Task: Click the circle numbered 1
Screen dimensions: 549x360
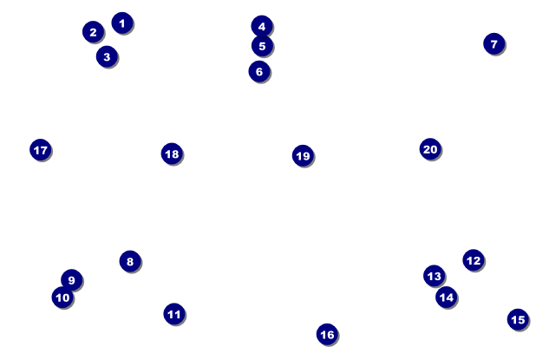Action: (122, 23)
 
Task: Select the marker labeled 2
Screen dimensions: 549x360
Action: (93, 32)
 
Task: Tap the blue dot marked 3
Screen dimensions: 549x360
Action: (107, 56)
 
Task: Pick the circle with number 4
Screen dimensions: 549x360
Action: (262, 26)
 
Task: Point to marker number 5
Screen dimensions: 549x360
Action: (262, 46)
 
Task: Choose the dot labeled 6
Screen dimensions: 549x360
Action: (259, 71)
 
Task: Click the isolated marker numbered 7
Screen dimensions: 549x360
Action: (494, 43)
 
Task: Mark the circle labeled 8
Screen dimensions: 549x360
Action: (130, 261)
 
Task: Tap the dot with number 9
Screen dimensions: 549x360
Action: (72, 280)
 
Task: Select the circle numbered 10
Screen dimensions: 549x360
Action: (62, 298)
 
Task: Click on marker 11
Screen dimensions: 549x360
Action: (174, 314)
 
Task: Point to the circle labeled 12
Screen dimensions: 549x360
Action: (474, 260)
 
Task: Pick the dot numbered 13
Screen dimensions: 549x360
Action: (435, 276)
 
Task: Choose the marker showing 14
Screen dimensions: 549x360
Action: (447, 297)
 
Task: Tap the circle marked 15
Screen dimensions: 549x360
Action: (518, 319)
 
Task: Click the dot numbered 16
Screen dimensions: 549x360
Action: (327, 335)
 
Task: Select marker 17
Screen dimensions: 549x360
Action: (41, 150)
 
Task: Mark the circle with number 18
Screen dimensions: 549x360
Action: (172, 154)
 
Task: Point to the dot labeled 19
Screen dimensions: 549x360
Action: (304, 155)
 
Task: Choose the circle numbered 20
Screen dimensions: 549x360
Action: (430, 149)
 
